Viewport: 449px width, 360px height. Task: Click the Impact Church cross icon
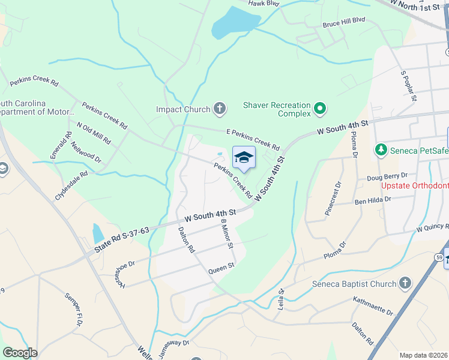(220, 109)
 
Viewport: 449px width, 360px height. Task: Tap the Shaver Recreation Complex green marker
(320, 109)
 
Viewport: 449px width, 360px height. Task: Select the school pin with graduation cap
(244, 158)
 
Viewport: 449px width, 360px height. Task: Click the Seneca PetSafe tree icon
(380, 149)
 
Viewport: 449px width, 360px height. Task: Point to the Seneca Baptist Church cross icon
(405, 284)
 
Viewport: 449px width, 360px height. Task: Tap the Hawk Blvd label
(264, 3)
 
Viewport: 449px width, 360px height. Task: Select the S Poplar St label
(408, 85)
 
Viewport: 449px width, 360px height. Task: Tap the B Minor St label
(226, 233)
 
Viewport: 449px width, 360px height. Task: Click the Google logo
(20, 353)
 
